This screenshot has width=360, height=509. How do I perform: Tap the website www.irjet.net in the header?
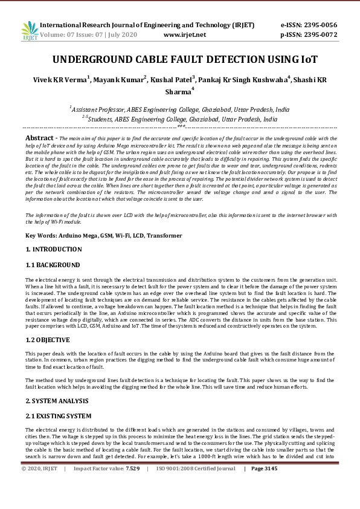185,34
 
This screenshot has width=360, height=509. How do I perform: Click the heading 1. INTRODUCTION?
53,249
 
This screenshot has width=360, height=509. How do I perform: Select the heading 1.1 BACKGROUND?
53,265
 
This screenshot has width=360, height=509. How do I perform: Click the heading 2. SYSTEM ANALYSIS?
57,401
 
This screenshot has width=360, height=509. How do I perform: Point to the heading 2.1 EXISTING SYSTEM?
58,416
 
